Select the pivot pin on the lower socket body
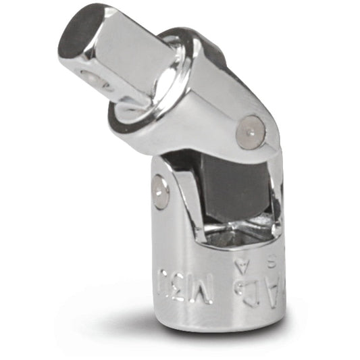click(160, 192)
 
